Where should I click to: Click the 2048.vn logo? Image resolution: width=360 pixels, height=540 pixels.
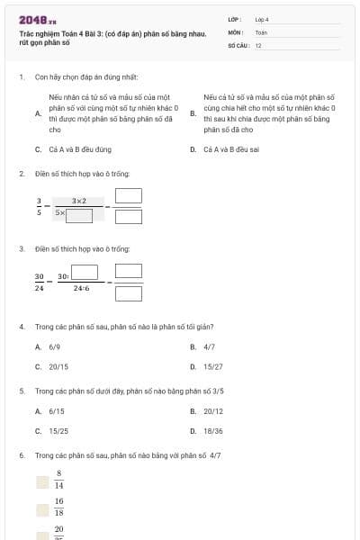pyautogui.click(x=37, y=20)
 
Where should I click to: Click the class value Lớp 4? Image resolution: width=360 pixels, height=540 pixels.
pyautogui.click(x=262, y=18)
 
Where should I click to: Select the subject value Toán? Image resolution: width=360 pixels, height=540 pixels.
pyautogui.click(x=261, y=31)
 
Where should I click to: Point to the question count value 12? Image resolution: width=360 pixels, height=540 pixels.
pyautogui.click(x=258, y=44)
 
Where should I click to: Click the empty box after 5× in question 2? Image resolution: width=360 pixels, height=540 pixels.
pyautogui.click(x=79, y=213)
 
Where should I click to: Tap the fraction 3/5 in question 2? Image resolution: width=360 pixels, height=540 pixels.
pyautogui.click(x=39, y=207)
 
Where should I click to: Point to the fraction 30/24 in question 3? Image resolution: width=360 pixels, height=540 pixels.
pyautogui.click(x=40, y=283)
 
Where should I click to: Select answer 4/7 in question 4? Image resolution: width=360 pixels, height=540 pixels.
pyautogui.click(x=209, y=346)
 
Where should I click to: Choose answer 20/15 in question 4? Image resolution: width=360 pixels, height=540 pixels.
pyautogui.click(x=58, y=366)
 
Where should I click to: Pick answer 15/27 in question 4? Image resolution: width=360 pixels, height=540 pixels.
pyautogui.click(x=212, y=366)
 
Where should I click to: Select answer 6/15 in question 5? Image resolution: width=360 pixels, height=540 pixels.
pyautogui.click(x=56, y=411)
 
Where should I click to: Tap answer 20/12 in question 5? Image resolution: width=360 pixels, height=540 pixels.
pyautogui.click(x=212, y=411)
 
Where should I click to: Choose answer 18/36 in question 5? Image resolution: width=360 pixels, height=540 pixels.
pyautogui.click(x=212, y=431)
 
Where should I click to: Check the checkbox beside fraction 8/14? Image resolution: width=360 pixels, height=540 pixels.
pyautogui.click(x=42, y=482)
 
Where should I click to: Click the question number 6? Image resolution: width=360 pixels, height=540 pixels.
pyautogui.click(x=21, y=455)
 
